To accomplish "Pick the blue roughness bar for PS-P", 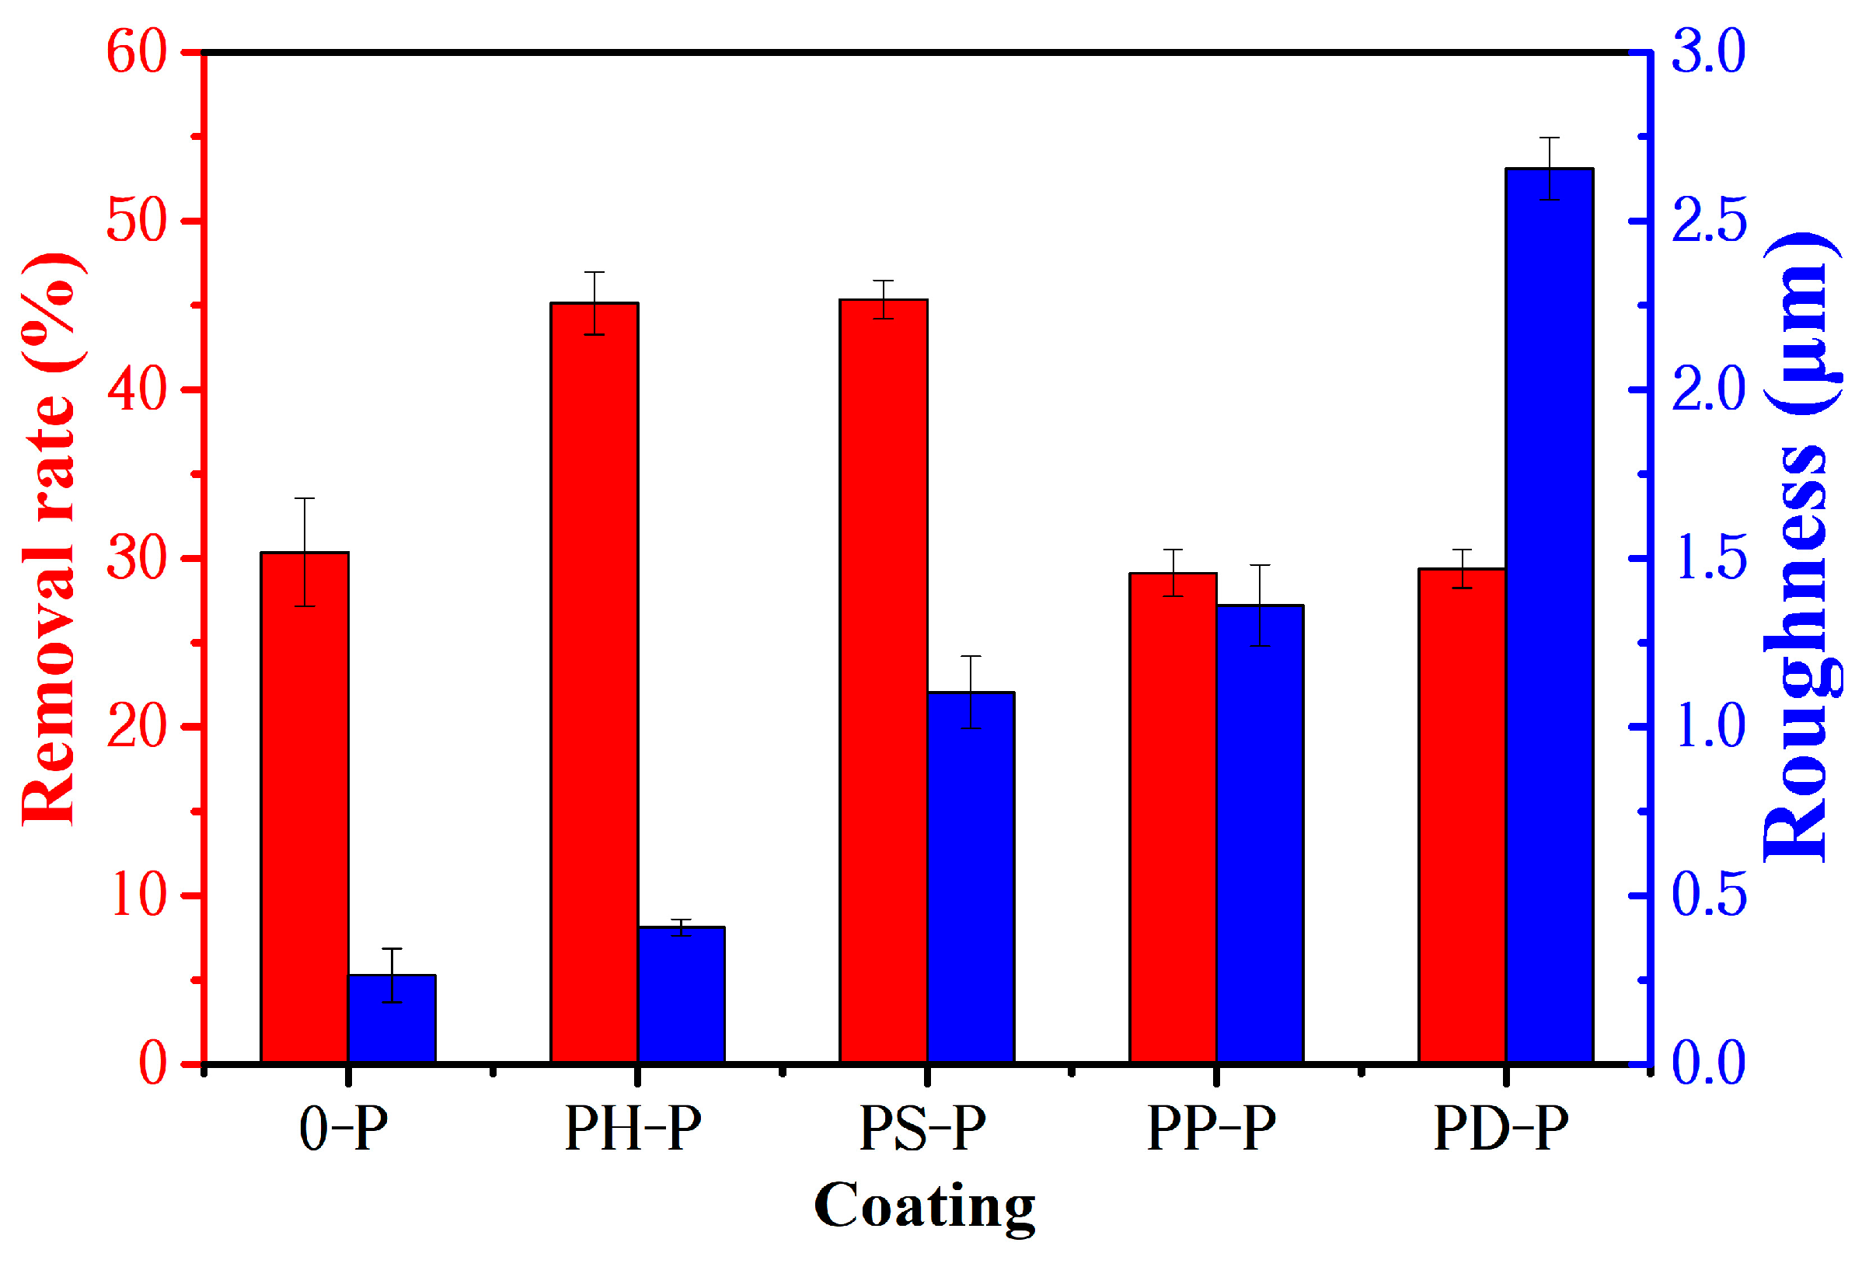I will pyautogui.click(x=971, y=878).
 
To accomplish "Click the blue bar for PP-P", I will pyautogui.click(x=1260, y=834).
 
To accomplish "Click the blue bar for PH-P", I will pyautogui.click(x=681, y=994).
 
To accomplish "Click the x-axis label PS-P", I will pyautogui.click(x=922, y=1129).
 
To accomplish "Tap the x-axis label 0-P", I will pyautogui.click(x=343, y=1129).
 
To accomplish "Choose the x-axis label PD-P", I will pyautogui.click(x=1501, y=1129).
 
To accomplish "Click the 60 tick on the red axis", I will pyautogui.click(x=136, y=53).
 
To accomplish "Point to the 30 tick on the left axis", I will pyautogui.click(x=136, y=559).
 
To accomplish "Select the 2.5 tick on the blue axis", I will pyautogui.click(x=1708, y=222).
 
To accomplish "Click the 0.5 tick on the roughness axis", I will pyautogui.click(x=1708, y=895).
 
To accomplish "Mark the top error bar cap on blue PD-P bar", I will pyautogui.click(x=1549, y=138).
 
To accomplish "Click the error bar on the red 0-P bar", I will pyautogui.click(x=305, y=552).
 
